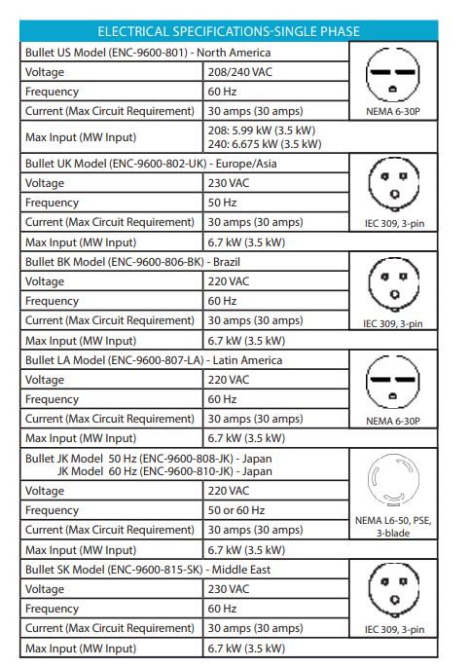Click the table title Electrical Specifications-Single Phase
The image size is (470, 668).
click(234, 31)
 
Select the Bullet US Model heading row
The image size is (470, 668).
click(147, 52)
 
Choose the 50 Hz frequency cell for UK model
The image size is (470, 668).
click(223, 203)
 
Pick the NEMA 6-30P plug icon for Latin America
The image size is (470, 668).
click(394, 382)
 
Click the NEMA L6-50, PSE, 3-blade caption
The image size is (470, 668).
click(394, 527)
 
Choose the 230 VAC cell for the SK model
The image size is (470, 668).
click(229, 589)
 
